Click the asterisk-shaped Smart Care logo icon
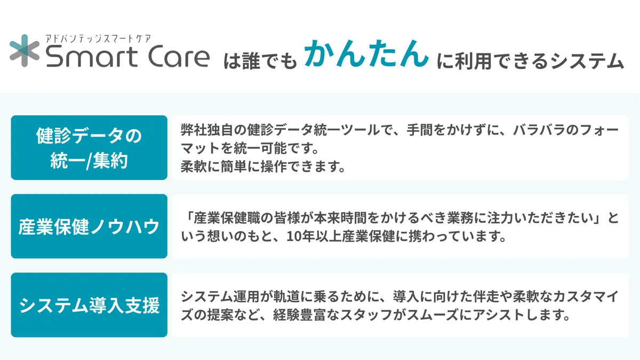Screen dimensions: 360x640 click(x=26, y=51)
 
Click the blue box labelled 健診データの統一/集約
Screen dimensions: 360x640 click(x=89, y=148)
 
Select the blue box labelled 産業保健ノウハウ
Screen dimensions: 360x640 click(x=89, y=227)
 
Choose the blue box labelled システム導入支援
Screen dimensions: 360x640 click(x=89, y=305)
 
